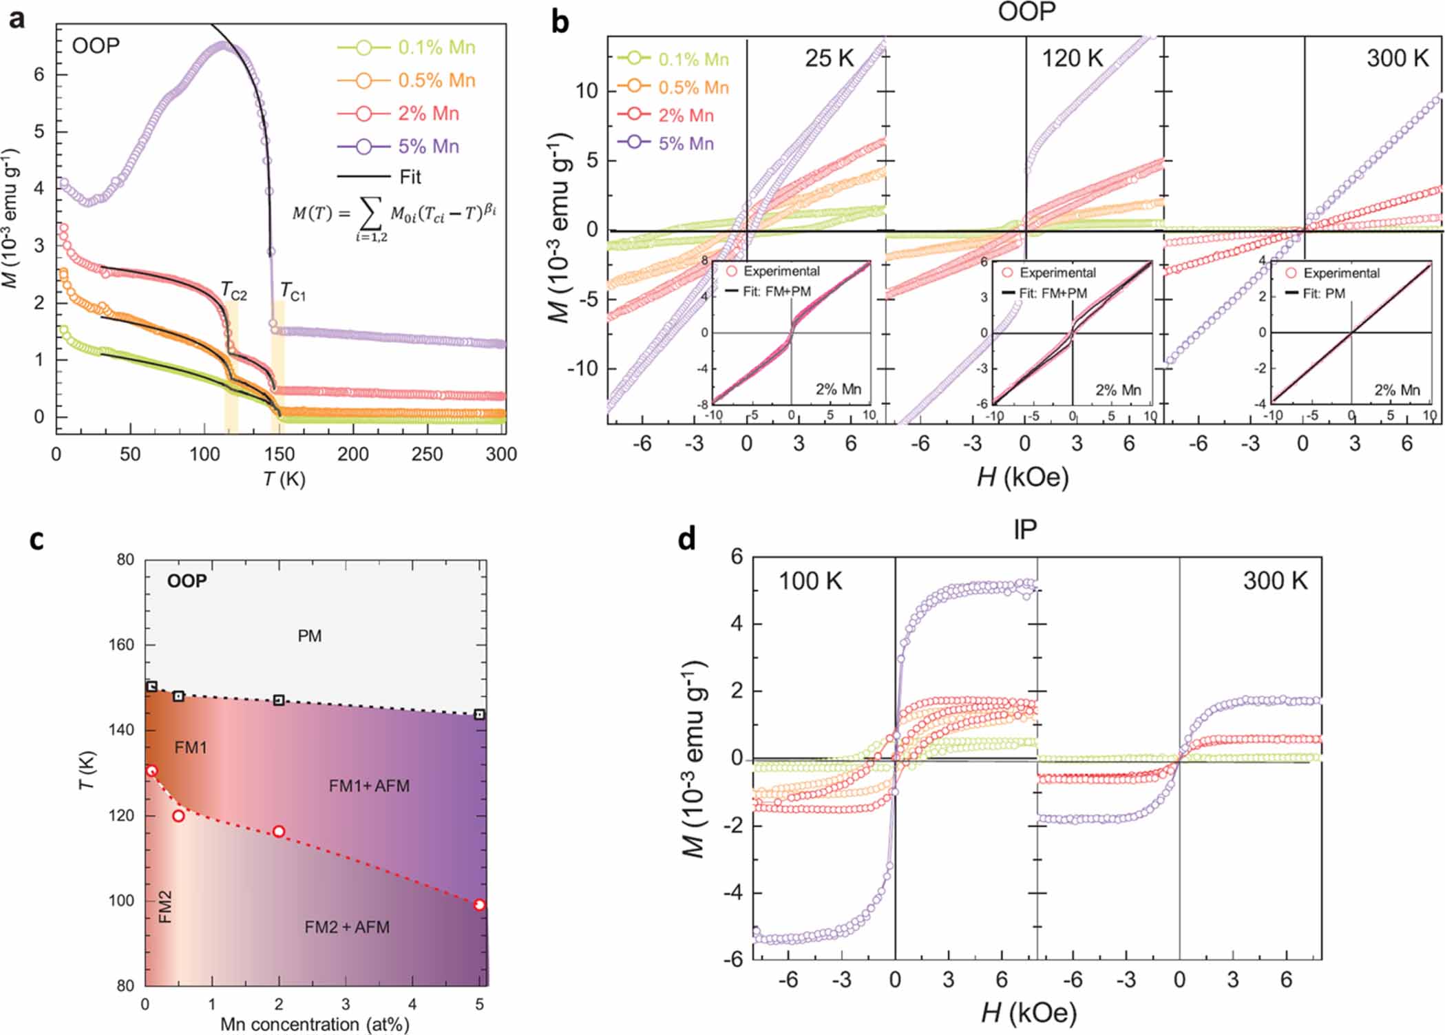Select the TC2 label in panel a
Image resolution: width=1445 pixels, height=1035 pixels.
pyautogui.click(x=233, y=291)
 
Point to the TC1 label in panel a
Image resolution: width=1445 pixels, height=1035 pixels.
pyautogui.click(x=293, y=293)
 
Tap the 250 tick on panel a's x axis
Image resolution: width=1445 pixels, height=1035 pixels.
pyautogui.click(x=427, y=454)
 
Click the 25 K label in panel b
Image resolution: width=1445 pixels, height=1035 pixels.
pyautogui.click(x=829, y=59)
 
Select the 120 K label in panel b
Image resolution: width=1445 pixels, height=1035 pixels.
pyautogui.click(x=1071, y=59)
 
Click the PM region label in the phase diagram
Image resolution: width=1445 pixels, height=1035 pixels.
pyautogui.click(x=309, y=636)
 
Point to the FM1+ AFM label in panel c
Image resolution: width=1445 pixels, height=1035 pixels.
pyautogui.click(x=369, y=786)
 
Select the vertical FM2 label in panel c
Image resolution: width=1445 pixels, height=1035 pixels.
pyautogui.click(x=165, y=907)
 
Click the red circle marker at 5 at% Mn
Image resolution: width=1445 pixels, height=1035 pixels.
pyautogui.click(x=480, y=905)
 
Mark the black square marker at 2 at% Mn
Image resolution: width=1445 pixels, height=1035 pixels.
pyautogui.click(x=279, y=700)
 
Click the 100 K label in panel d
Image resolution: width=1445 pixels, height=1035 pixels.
pyautogui.click(x=810, y=581)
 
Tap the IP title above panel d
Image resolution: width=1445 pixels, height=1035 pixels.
pyautogui.click(x=1024, y=530)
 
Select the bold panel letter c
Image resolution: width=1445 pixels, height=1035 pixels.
pyautogui.click(x=36, y=541)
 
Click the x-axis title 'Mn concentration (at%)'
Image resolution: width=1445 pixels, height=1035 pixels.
pyautogui.click(x=315, y=1024)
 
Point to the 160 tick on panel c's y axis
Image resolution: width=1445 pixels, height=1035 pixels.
pyautogui.click(x=125, y=645)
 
